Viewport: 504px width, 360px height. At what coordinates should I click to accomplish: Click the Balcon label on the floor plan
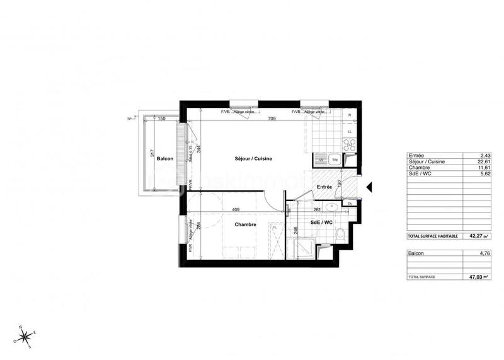165,159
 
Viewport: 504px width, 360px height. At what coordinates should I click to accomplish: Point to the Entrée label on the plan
324,187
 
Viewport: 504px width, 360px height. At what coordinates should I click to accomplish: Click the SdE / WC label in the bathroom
322,222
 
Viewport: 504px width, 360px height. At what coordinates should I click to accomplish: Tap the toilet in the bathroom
340,236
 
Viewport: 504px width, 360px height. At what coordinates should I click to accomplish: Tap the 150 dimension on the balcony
161,119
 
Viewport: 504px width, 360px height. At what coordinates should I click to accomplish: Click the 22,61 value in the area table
483,162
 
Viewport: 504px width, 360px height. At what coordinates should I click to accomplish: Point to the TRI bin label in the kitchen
335,160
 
